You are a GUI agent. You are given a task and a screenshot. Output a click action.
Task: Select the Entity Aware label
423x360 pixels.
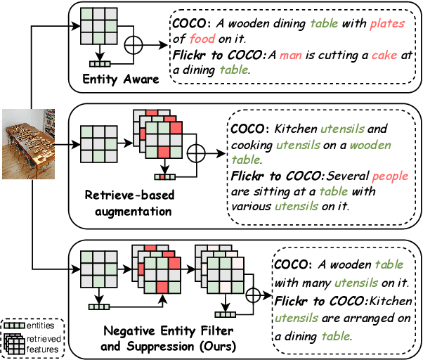[119, 79]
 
